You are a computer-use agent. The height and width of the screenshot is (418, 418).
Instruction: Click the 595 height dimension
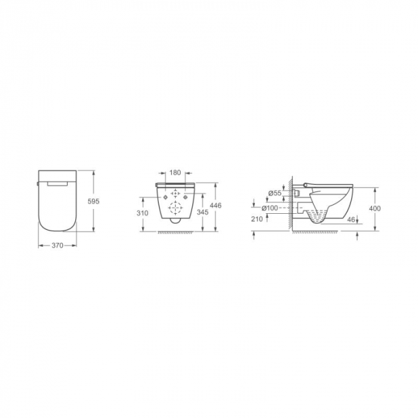pos(93,202)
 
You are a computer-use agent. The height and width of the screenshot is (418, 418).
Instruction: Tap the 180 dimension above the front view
pos(175,173)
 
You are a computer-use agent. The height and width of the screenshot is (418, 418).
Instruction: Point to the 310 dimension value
pos(142,213)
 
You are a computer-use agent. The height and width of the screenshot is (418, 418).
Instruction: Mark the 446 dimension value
pos(216,205)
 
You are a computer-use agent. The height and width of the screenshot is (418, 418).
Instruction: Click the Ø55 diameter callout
pos(275,193)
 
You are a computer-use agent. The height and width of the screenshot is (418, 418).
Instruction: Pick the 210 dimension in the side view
pos(257,220)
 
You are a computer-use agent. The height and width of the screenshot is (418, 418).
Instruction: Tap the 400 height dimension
pos(375,208)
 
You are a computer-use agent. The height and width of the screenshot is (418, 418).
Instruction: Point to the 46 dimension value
pos(351,220)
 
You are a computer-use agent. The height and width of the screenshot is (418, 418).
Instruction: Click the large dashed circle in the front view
pos(176,209)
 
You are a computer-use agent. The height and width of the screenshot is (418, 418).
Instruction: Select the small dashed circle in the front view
pos(176,195)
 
